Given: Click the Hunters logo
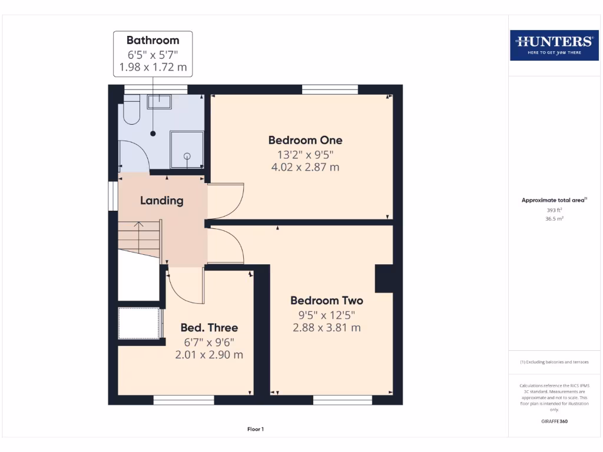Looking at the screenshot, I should (554, 45).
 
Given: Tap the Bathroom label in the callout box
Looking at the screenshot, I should (153, 41).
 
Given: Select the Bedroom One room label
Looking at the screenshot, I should (305, 140).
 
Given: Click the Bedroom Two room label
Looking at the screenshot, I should (326, 301).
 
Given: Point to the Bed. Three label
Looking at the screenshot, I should (208, 328).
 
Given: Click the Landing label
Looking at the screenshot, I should (161, 201).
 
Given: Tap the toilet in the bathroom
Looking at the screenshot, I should (131, 112).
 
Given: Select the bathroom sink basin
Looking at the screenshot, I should (159, 102).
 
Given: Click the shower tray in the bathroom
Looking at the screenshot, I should (187, 149).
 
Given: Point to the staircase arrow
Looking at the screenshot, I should (139, 224).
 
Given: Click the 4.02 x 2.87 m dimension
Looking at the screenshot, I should (304, 167).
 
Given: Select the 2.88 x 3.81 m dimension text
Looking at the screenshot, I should (326, 328).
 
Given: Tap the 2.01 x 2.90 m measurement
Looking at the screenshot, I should (208, 355).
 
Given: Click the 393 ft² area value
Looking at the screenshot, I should (553, 210).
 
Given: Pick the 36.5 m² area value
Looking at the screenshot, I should (553, 218).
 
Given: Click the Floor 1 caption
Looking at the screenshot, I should (255, 429).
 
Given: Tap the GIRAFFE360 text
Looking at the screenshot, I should (554, 421).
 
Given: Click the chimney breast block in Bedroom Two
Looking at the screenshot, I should (384, 278).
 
